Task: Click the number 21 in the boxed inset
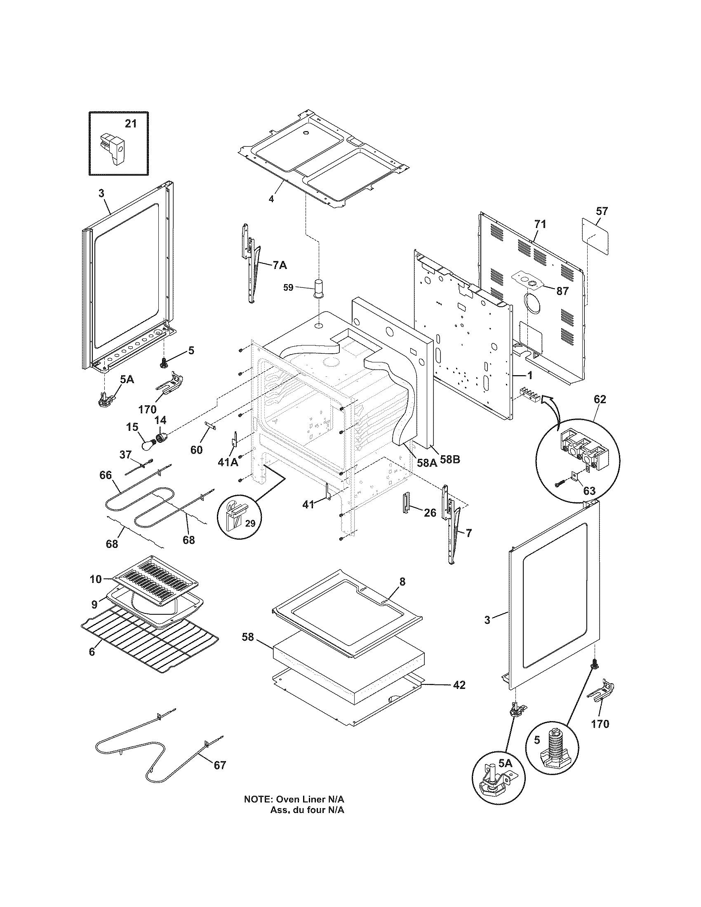[x=130, y=124]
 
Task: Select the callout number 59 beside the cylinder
[x=288, y=287]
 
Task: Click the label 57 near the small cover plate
[x=602, y=211]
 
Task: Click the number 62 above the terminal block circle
[x=600, y=399]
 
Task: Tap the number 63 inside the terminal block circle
[x=589, y=491]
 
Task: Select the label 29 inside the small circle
[x=250, y=524]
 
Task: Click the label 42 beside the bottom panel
[x=459, y=685]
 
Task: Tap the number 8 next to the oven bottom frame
[x=402, y=581]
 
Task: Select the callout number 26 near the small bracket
[x=430, y=513]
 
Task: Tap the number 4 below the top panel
[x=271, y=199]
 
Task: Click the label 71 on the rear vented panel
[x=540, y=224]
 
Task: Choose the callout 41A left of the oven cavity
[x=228, y=462]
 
